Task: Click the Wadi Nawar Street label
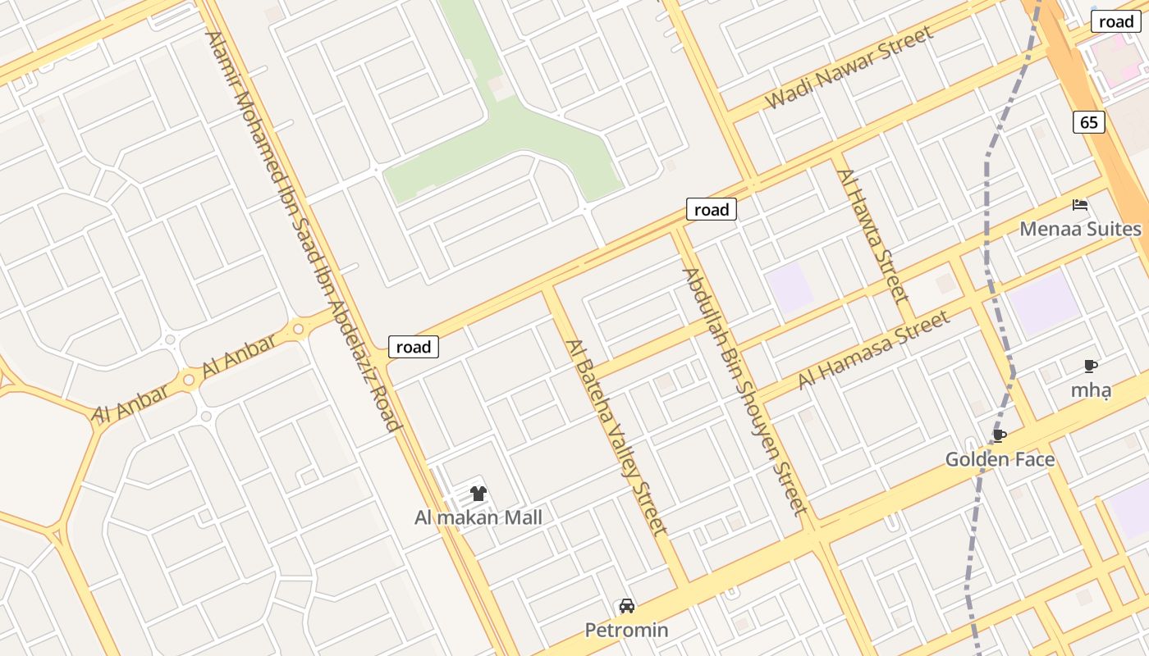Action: coord(849,67)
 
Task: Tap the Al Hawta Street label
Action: coord(872,235)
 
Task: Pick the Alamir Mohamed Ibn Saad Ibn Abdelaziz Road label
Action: coord(303,231)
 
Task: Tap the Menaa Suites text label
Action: coord(1080,229)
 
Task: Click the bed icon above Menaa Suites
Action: coord(1080,205)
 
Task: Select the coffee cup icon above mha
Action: coord(1090,366)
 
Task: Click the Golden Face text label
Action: coord(1000,459)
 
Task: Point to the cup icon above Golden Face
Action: coord(999,435)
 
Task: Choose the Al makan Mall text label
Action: coord(478,517)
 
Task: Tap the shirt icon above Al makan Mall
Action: coord(478,494)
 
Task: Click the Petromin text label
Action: coord(626,630)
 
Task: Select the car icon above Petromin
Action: coord(627,606)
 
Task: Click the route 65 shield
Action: coord(1088,123)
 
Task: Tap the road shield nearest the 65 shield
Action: coord(1115,22)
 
